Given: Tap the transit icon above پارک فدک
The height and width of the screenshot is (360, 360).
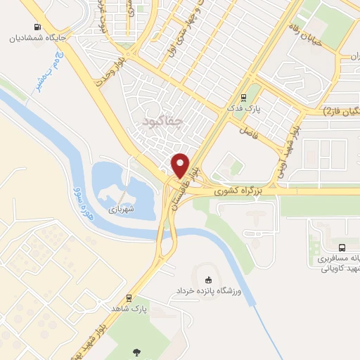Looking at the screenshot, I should point(244,98).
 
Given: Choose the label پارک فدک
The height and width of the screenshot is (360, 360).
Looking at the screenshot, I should point(244,110).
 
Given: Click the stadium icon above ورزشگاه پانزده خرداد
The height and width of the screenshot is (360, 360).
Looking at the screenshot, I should point(206,279).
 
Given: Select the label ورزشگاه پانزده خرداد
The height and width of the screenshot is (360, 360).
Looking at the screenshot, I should point(207,290).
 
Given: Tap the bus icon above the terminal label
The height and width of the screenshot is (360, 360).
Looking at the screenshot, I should point(342,247).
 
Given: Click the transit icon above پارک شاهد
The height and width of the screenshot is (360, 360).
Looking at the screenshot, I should point(129,297).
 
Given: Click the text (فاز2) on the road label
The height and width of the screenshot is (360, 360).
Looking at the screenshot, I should point(332,111).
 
